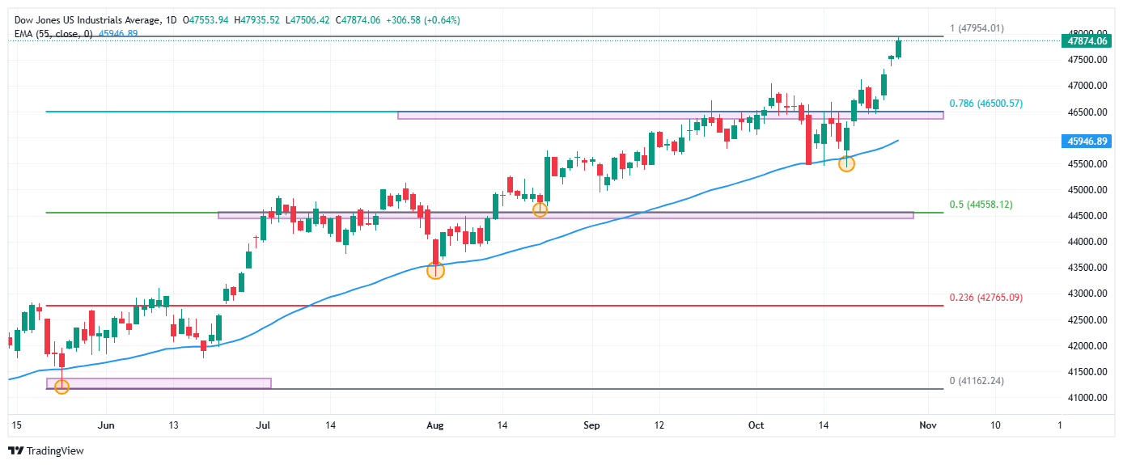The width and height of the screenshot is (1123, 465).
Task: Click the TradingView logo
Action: tap(46, 450)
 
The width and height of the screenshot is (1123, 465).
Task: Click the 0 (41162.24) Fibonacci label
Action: tap(977, 380)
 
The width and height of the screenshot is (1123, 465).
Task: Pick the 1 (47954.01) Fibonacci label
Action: tap(977, 28)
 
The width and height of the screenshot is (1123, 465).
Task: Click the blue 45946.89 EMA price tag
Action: tap(1085, 141)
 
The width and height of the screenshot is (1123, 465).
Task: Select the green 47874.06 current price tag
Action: tap(1085, 40)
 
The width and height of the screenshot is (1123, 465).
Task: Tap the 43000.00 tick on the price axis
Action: tap(1084, 294)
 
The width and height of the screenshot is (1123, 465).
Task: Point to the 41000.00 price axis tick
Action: tap(1084, 398)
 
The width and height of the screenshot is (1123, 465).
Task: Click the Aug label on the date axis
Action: tap(435, 425)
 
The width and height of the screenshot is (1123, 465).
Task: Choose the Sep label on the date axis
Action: tap(591, 425)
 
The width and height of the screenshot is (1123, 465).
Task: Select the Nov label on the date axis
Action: tap(928, 425)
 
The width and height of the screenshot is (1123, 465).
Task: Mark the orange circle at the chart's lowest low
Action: tap(61, 387)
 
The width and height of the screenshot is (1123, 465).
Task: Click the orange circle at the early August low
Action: tap(435, 271)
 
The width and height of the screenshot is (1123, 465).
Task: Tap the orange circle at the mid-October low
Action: tap(846, 163)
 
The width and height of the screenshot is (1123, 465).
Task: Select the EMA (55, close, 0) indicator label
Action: tap(54, 33)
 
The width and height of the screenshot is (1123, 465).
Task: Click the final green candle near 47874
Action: tap(899, 49)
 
